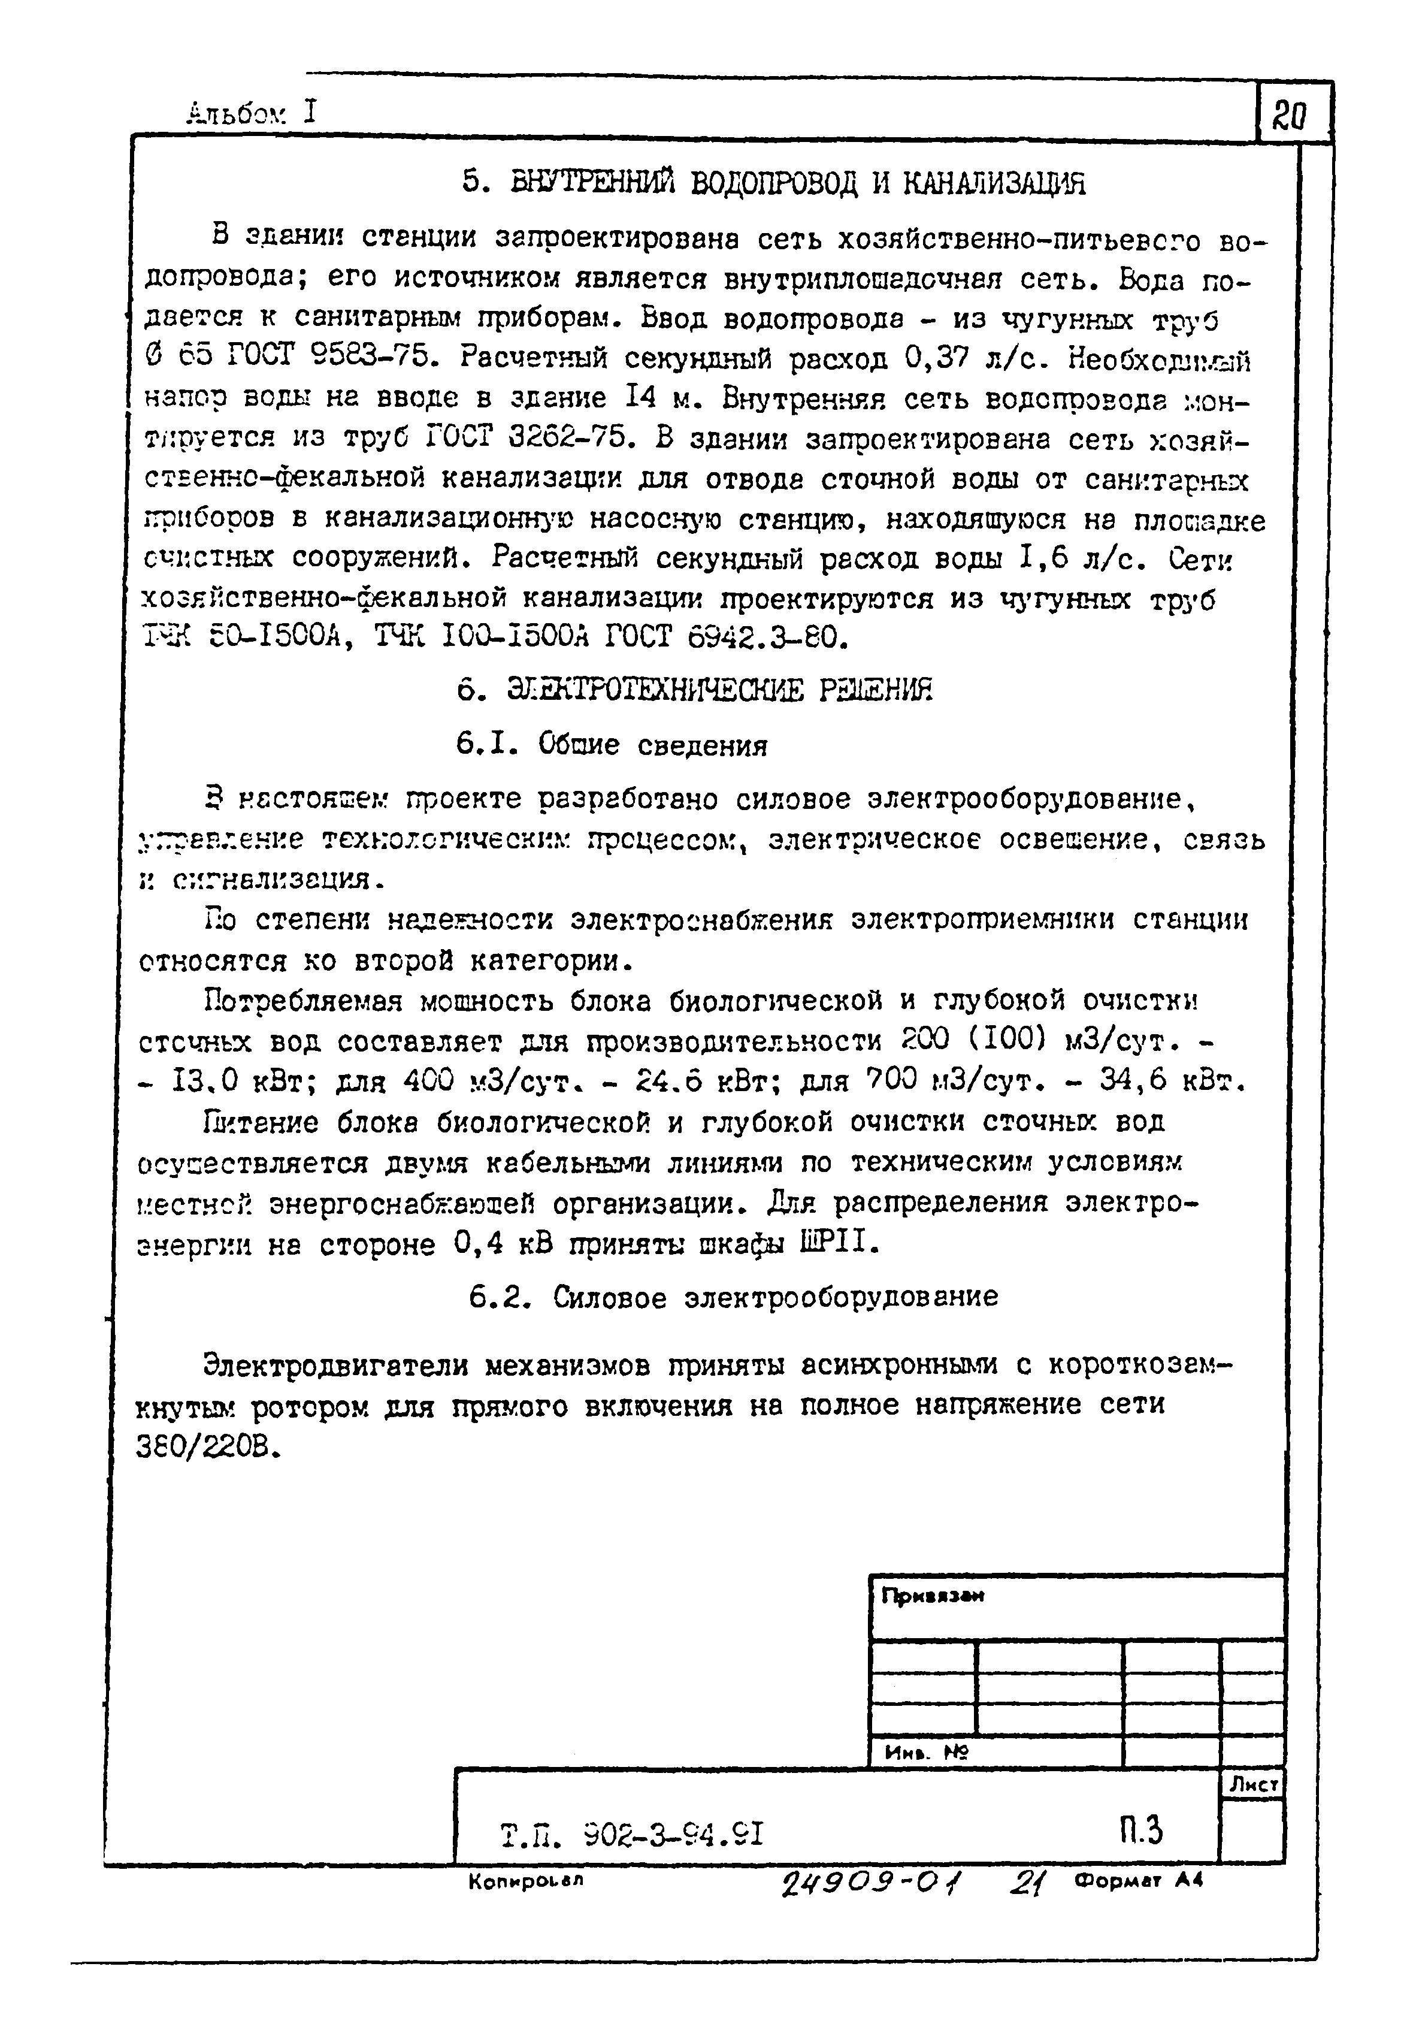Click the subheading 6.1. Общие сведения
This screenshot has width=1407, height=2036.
click(x=612, y=746)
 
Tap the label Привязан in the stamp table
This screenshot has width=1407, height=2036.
click(x=933, y=1597)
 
